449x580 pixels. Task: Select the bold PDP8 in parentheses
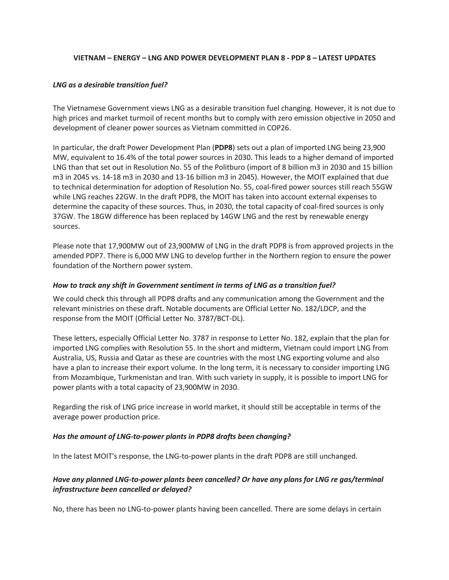[x=223, y=148]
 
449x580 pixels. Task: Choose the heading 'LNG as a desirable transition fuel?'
[x=110, y=85]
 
